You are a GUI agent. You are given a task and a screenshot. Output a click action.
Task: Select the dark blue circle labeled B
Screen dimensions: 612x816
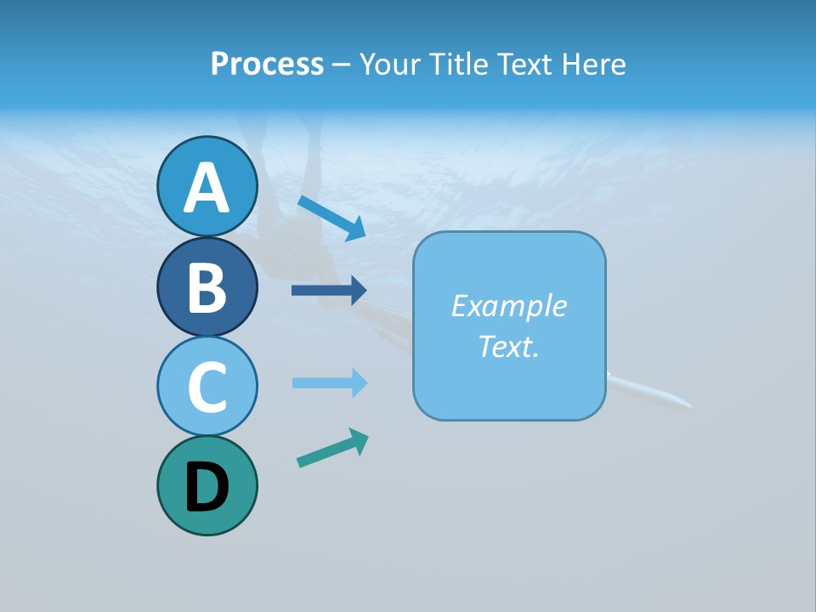(207, 286)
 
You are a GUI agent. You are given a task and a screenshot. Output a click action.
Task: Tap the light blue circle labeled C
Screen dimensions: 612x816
(207, 386)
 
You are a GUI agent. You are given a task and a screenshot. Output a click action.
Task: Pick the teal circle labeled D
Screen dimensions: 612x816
(207, 485)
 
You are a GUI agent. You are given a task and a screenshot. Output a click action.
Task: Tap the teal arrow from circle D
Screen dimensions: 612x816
(332, 448)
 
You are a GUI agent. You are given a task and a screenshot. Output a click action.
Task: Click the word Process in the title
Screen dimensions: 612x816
(267, 64)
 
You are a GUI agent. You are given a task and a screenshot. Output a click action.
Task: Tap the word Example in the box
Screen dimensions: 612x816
(509, 306)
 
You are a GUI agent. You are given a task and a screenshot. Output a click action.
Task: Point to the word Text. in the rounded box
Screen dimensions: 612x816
(509, 346)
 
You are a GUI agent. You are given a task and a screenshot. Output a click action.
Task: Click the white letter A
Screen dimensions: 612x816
(207, 189)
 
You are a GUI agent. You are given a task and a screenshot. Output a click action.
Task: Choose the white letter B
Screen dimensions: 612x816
(207, 288)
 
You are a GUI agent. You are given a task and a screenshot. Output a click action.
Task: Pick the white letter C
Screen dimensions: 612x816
(207, 388)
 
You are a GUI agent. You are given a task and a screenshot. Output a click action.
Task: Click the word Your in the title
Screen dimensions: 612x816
(391, 64)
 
